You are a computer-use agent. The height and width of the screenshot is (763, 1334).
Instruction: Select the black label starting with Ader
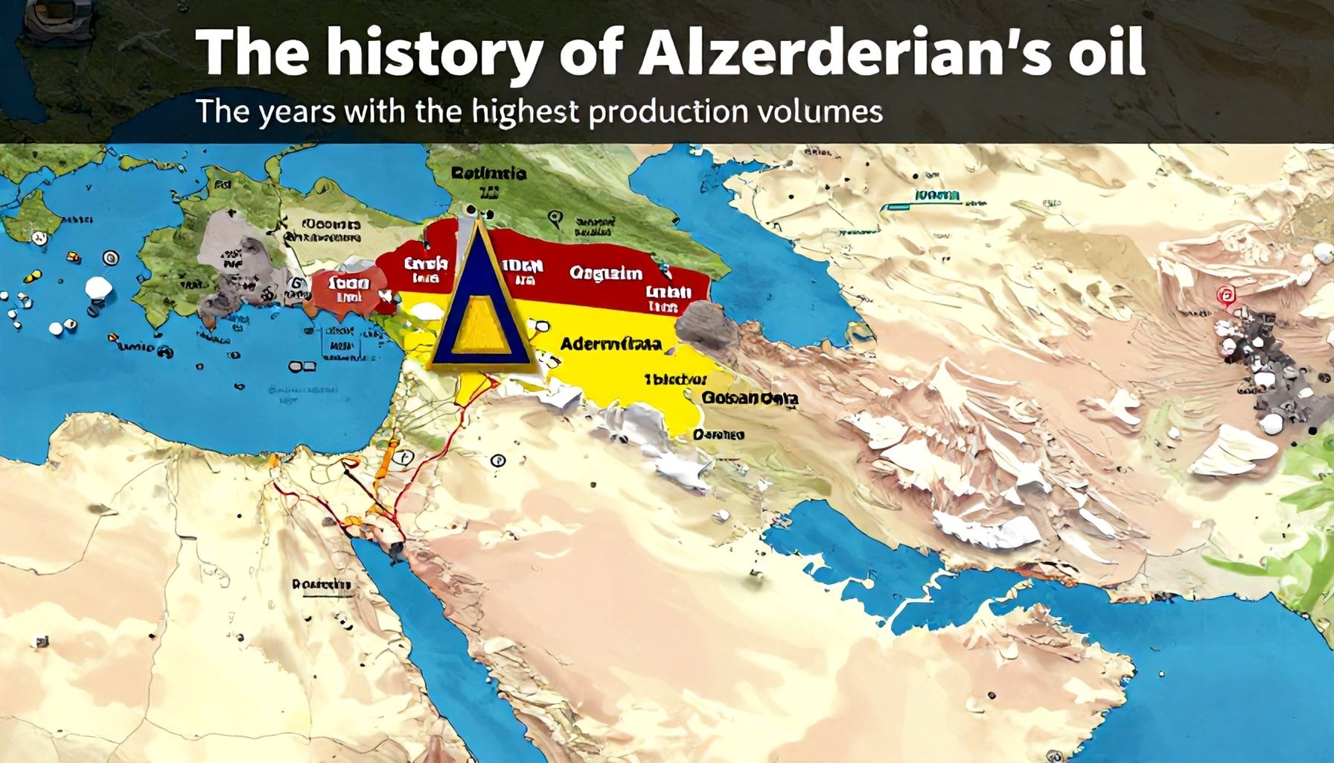[610, 344]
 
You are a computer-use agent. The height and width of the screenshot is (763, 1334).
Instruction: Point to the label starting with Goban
[749, 399]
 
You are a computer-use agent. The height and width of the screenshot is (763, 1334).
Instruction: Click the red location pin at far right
[1224, 297]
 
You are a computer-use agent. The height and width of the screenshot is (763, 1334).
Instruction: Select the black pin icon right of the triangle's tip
[552, 219]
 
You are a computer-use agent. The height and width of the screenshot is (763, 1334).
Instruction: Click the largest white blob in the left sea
[98, 288]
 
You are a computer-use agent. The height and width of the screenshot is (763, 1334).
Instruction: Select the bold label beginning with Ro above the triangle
[488, 174]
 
